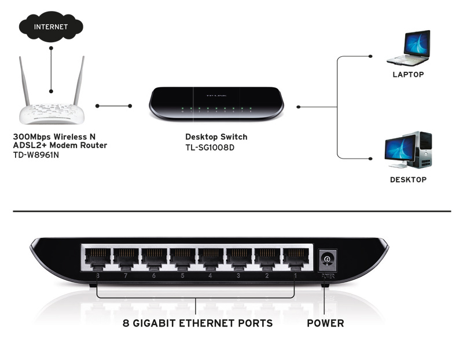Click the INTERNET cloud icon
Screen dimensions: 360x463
pos(51,27)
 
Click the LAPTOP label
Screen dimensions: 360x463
pos(408,75)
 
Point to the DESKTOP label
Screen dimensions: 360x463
pos(408,180)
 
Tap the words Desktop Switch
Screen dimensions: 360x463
pos(216,137)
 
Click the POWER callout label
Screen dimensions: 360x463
pos(325,323)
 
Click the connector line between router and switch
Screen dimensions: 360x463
pos(114,106)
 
